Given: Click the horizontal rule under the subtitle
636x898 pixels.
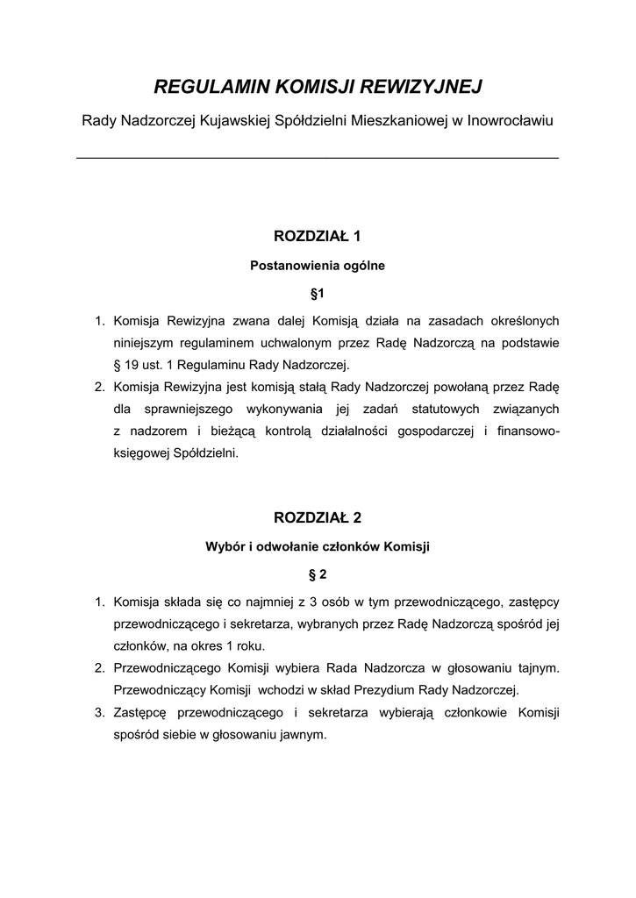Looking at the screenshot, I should click(x=318, y=157).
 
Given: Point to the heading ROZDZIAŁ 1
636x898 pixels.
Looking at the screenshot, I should click(x=318, y=236).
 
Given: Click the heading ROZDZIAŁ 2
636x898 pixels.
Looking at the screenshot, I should click(x=318, y=517).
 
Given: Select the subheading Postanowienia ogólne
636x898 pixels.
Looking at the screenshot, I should click(x=318, y=264).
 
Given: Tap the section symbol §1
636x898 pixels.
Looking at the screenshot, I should click(x=318, y=293).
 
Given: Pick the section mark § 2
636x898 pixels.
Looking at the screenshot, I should click(x=318, y=574).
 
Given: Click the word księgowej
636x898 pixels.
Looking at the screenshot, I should click(x=140, y=453).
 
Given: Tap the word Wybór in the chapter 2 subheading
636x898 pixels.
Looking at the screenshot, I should click(x=225, y=546).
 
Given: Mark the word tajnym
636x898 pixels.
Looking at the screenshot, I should click(x=539, y=667).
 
